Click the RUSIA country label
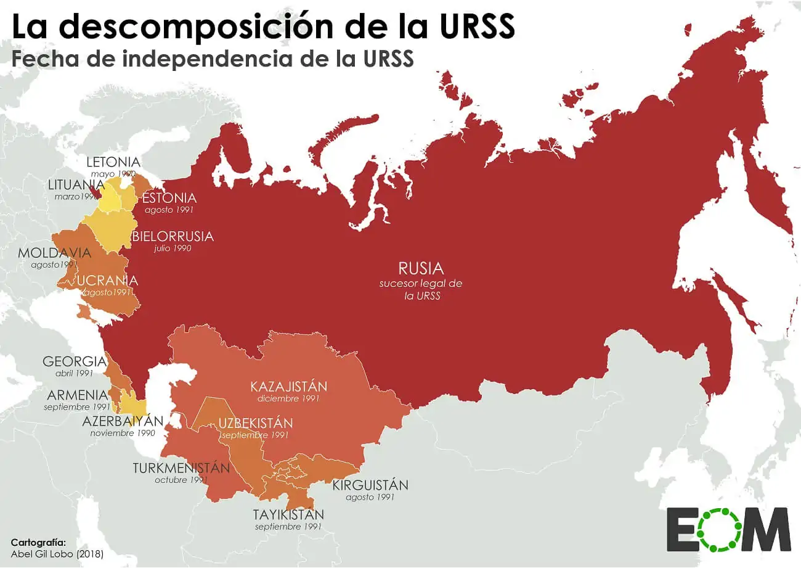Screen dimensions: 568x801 tap(421, 269)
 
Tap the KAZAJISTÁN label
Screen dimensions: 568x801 tap(288, 387)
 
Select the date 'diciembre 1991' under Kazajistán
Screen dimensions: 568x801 tap(288, 399)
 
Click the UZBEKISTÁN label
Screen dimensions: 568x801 tap(255, 423)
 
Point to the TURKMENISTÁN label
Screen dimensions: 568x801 tap(181, 467)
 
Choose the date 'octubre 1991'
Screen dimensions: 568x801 tap(181, 480)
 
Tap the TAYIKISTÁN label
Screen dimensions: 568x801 tap(288, 514)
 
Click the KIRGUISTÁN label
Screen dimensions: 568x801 tap(370, 485)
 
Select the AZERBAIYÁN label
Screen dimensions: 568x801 tap(123, 421)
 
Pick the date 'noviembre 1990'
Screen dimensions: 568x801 tap(123, 433)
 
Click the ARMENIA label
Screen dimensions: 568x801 tap(77, 395)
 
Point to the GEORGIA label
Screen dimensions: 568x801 tap(74, 361)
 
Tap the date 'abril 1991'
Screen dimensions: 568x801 tap(74, 373)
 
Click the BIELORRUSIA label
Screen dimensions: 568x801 tap(173, 236)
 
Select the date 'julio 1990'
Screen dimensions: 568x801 tap(173, 248)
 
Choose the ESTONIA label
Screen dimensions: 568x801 tap(169, 198)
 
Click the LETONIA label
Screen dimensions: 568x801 tap(113, 162)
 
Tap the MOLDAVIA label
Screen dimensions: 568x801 tap(54, 253)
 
